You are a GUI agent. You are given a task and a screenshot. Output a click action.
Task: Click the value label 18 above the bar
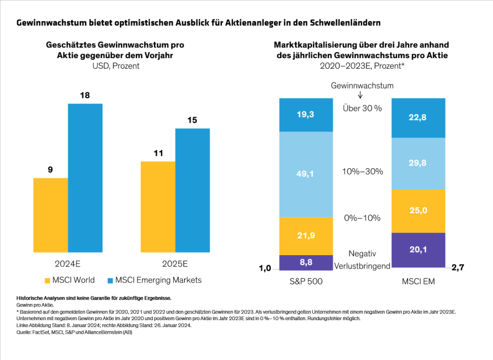84,95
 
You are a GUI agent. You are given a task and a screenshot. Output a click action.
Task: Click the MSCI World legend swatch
47,280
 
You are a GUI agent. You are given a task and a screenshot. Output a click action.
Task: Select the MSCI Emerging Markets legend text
158,280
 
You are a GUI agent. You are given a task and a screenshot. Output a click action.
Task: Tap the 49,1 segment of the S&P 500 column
306,174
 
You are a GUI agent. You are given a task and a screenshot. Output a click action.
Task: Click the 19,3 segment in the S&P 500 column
306,114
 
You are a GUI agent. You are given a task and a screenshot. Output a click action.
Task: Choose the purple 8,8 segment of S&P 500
306,262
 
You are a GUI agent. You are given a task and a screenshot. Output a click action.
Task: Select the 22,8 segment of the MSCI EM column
419,118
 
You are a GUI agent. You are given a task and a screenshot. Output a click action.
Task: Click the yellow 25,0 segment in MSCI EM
419,211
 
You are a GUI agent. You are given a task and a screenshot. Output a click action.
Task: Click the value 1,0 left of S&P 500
265,268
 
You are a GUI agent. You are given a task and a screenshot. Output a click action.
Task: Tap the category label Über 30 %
362,108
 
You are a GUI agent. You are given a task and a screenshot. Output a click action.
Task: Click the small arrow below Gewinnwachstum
362,95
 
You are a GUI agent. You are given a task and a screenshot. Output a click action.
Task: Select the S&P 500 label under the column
306,282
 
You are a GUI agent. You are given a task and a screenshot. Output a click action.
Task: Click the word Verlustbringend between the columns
362,266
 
